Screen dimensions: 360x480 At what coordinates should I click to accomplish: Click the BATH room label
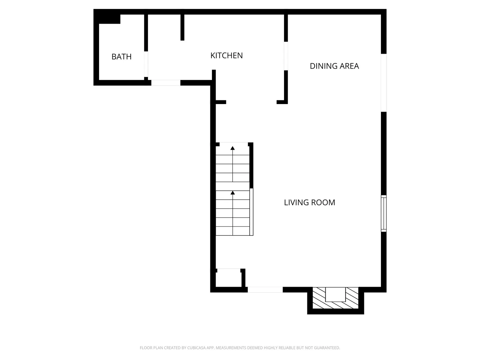pos(121,57)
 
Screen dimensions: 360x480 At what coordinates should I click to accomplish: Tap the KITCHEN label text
pos(226,55)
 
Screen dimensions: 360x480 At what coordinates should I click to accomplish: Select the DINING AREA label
pos(334,66)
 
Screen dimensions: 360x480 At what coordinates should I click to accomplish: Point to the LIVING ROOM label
pos(309,202)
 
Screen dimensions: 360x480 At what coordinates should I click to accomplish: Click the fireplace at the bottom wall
pos(335,299)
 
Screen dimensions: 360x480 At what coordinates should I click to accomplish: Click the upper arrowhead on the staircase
pos(233,148)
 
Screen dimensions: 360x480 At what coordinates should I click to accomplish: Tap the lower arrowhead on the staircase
pos(233,193)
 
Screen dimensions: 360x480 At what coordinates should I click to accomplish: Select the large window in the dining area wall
pos(384,83)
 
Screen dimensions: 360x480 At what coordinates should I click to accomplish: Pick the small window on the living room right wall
pos(384,213)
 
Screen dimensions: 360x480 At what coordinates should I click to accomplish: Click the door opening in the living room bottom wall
pos(265,290)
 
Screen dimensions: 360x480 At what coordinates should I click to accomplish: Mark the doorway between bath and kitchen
pos(146,64)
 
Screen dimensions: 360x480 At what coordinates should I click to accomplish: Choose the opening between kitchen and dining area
pos(286,56)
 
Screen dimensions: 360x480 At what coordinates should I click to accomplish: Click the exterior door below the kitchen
pos(166,83)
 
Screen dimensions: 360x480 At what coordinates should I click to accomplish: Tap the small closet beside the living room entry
pos(228,278)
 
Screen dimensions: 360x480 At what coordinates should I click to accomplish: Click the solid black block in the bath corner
pos(109,19)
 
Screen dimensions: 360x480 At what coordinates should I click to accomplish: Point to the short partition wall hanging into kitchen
pos(182,27)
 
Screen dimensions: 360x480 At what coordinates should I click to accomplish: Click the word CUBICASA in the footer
pos(196,348)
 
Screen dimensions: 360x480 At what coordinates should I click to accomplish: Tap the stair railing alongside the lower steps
pos(251,212)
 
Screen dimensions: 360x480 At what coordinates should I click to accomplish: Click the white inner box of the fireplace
pos(335,294)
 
